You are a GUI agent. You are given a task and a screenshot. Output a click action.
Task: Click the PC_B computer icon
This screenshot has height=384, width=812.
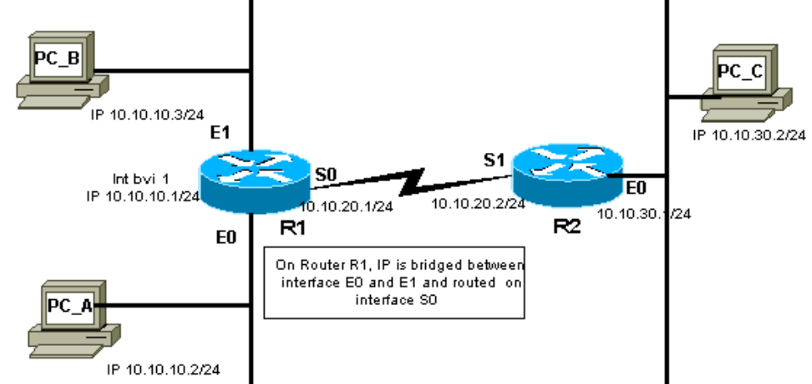(63, 70)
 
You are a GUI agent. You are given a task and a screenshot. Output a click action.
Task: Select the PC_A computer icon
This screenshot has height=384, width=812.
(74, 319)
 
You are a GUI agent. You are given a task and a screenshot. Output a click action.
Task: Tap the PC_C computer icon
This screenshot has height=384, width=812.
(746, 83)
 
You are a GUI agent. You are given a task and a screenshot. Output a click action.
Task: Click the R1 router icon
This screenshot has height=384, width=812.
(255, 181)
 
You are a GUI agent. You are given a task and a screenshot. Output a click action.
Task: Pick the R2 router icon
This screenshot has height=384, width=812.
(568, 175)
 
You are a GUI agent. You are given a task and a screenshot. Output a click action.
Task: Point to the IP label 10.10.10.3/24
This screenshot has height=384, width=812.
(147, 115)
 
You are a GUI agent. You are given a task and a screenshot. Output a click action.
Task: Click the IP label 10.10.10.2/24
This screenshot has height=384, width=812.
(163, 370)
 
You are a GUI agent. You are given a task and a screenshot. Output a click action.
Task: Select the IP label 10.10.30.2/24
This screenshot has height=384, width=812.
(749, 135)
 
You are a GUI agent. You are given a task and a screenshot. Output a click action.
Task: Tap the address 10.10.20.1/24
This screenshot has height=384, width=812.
(346, 206)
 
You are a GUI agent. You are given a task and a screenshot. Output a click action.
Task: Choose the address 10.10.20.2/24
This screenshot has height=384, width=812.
(478, 204)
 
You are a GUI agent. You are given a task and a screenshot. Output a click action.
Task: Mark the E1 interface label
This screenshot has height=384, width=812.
(220, 133)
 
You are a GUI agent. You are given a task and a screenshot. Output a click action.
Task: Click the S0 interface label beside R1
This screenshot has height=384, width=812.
(326, 175)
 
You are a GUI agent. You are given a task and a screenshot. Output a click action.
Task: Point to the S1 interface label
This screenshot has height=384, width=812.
(494, 160)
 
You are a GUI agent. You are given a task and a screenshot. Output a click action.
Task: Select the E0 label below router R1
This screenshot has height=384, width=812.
(227, 237)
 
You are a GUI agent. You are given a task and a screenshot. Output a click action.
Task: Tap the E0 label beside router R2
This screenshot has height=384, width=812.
(636, 188)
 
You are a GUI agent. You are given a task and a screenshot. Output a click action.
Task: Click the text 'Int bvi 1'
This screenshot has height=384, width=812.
(141, 179)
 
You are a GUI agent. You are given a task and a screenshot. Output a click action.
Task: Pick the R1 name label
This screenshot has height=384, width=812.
(293, 227)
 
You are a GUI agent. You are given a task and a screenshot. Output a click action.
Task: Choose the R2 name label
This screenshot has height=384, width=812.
(568, 227)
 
